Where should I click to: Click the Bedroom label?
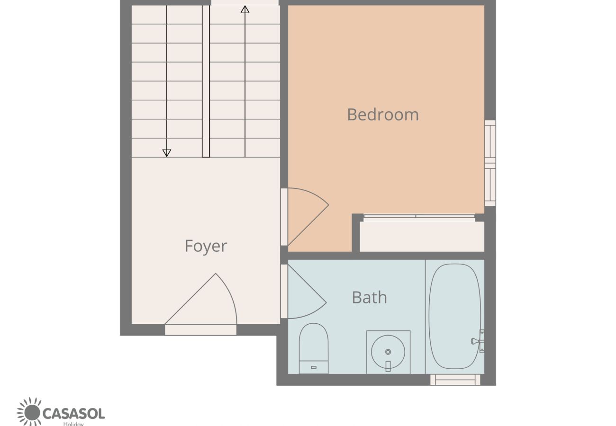tap(383, 115)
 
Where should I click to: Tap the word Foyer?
tap(206, 246)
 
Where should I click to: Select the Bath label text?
tap(369, 297)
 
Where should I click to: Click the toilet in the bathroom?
tap(314, 346)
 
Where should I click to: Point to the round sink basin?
tap(388, 352)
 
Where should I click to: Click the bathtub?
tap(454, 316)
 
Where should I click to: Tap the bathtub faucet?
tap(476, 341)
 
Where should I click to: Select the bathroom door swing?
tap(304, 293)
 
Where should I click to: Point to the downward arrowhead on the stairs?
tap(167, 152)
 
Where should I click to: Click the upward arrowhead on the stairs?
tap(245, 9)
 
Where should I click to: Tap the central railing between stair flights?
tap(206, 80)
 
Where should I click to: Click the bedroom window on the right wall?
tap(490, 163)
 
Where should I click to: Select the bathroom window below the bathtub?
tap(455, 380)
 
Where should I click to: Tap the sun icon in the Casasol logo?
tap(31, 412)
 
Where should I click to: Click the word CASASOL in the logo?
tap(73, 414)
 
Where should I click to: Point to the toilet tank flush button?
tap(314, 367)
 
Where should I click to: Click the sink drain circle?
tap(388, 352)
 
